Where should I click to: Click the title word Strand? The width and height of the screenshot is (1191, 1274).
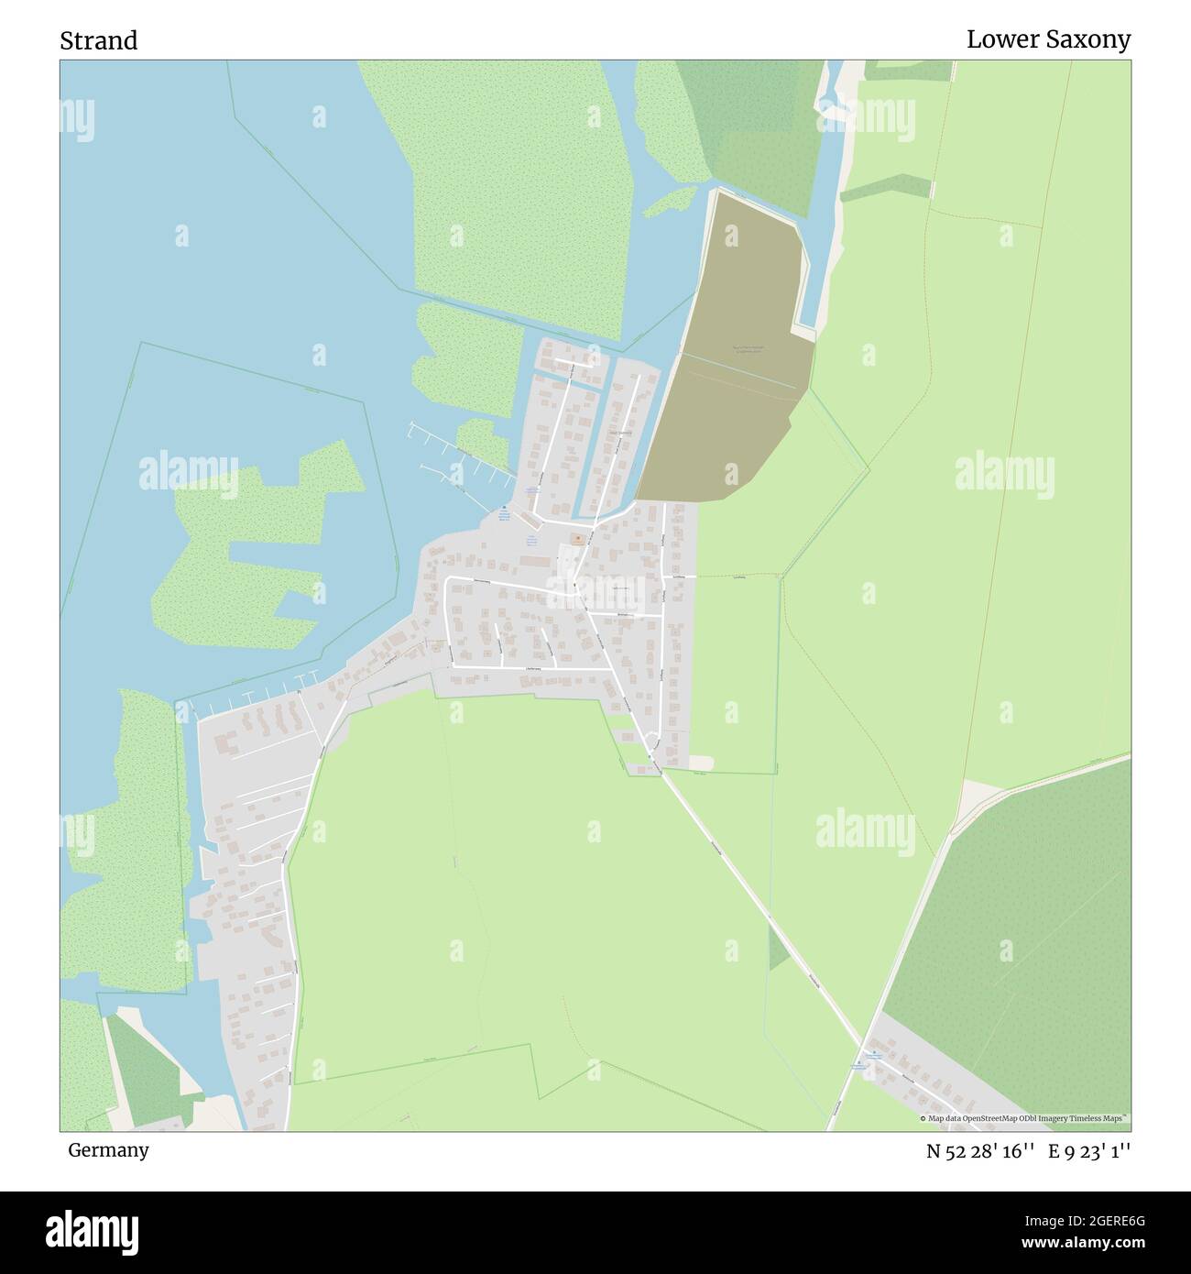point(99,41)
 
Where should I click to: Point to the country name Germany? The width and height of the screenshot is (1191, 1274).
point(108,1150)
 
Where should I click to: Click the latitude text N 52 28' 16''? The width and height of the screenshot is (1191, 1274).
point(980,1151)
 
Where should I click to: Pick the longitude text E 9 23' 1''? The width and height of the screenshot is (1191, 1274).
point(1091,1151)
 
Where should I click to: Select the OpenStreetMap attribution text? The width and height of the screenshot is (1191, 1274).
point(1024,1118)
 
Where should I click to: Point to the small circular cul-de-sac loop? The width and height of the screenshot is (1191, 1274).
point(651,741)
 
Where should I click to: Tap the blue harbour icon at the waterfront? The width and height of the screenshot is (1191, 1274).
point(503,510)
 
